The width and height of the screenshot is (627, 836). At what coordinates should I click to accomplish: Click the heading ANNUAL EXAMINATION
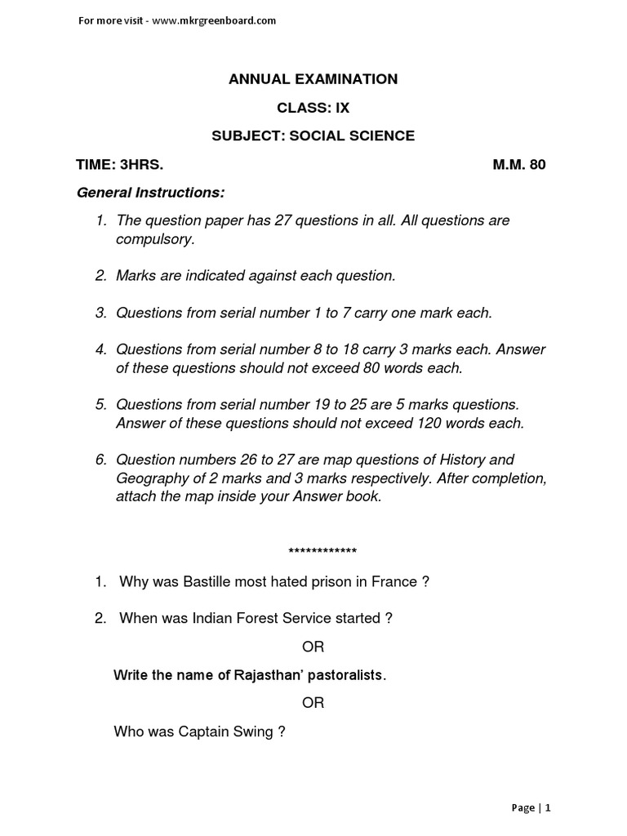[x=313, y=79]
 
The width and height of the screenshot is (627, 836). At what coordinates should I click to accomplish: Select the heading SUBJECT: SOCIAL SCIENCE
[x=313, y=136]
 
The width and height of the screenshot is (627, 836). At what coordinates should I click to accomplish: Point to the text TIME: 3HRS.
[x=119, y=164]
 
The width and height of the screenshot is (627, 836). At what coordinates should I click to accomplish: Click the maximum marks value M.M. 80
[x=518, y=164]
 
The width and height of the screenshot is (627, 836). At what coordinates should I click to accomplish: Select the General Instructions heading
[x=150, y=193]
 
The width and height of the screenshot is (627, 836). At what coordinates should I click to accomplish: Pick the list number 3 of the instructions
[x=100, y=313]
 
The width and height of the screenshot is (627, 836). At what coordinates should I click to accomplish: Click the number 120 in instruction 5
[x=430, y=423]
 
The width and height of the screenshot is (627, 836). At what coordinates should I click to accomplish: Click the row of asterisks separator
[x=322, y=550]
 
